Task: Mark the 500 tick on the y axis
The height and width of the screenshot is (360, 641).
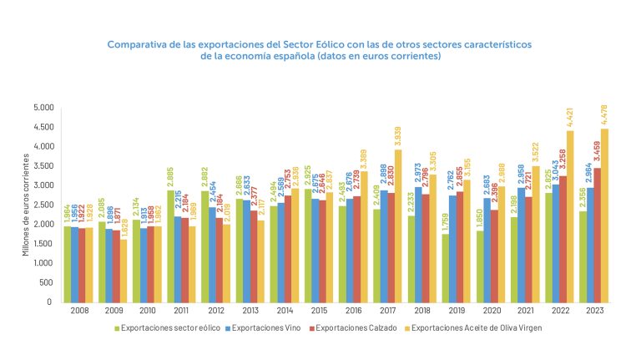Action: tap(47, 282)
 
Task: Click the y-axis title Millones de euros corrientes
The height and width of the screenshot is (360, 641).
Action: tap(26, 205)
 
